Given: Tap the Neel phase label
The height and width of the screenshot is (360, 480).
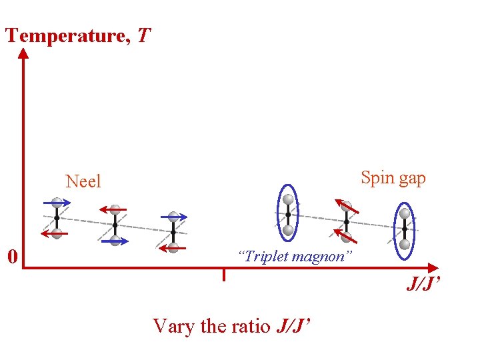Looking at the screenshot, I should click(83, 181).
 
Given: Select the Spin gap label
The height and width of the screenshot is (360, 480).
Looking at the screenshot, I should click(393, 178).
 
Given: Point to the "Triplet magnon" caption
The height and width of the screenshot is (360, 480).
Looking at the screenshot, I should click(294, 256).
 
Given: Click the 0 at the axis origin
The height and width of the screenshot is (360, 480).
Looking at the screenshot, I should click(11, 256).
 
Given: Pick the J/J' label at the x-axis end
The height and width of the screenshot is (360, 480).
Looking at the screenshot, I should click(424, 285).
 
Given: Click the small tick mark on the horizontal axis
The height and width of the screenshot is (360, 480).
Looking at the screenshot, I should click(223, 274).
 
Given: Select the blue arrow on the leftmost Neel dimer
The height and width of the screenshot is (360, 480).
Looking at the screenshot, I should click(57, 202).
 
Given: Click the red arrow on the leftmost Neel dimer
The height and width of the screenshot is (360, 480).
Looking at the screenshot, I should click(55, 233).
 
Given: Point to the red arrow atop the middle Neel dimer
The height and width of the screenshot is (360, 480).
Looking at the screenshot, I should click(114, 209).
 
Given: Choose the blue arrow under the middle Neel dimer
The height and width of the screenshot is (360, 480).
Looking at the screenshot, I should click(115, 240).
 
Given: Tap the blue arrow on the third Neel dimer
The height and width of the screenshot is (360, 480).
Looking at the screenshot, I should click(175, 217).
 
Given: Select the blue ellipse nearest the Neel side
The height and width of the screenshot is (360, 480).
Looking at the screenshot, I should click(288, 213).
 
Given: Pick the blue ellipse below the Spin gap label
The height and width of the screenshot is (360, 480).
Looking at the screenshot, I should click(404, 228).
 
